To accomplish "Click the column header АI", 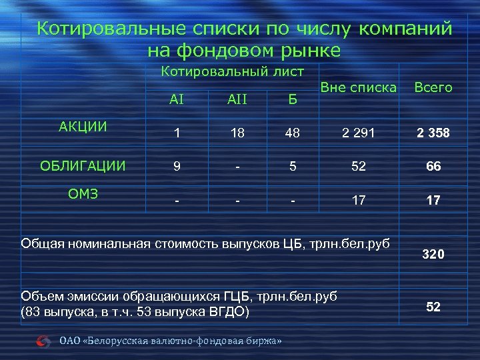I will point(177,99).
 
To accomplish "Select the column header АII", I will point(237,99).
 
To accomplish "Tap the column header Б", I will point(292,99).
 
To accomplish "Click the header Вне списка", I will point(359,87).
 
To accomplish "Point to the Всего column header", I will point(433,87).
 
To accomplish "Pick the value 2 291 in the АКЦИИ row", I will point(359,133).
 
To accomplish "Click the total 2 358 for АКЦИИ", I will point(433,133).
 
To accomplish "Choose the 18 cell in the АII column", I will point(237,133).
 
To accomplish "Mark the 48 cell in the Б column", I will point(292,133).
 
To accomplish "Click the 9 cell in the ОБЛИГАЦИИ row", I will point(177,167).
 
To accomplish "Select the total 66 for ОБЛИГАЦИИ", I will point(433,167).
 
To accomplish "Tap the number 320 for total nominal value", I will point(433,255).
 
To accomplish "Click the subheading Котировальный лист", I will point(233,71).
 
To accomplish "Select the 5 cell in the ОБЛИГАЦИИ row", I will point(292,167).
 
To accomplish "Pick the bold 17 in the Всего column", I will point(433,200).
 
